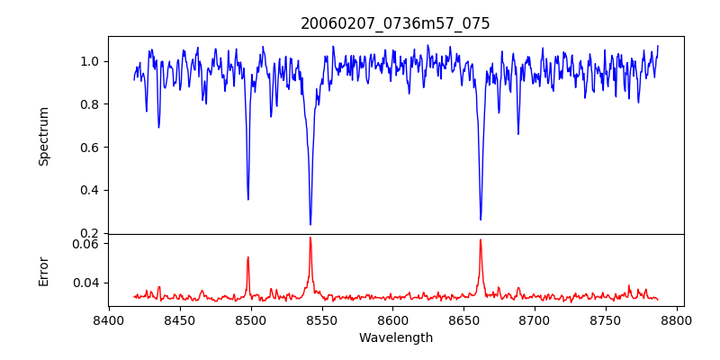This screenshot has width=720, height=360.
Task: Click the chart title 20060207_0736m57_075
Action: coord(395,23)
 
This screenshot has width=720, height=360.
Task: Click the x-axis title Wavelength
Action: coord(395,337)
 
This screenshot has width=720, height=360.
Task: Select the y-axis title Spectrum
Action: coord(43,136)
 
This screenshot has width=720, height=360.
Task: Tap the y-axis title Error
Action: coord(43,270)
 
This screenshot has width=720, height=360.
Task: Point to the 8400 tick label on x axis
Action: coord(109,319)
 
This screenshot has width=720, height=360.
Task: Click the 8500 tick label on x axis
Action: coord(251,319)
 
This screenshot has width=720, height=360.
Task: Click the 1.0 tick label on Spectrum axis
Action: coord(90,61)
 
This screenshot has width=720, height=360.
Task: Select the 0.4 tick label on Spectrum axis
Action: coord(90,190)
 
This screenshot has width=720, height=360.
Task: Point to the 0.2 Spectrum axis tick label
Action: coord(90,233)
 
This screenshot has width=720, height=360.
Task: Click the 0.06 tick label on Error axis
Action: coord(87,243)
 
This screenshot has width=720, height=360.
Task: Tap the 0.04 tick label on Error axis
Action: coord(87,283)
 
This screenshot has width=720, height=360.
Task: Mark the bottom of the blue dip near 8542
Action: coord(310,224)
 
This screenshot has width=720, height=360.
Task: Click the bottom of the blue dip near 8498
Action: coord(248,199)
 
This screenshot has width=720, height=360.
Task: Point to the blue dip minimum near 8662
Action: coord(481,219)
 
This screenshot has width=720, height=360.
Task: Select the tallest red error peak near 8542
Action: coord(310,238)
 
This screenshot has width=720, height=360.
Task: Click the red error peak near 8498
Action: coord(248,257)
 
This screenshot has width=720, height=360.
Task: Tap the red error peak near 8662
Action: coord(481,239)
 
